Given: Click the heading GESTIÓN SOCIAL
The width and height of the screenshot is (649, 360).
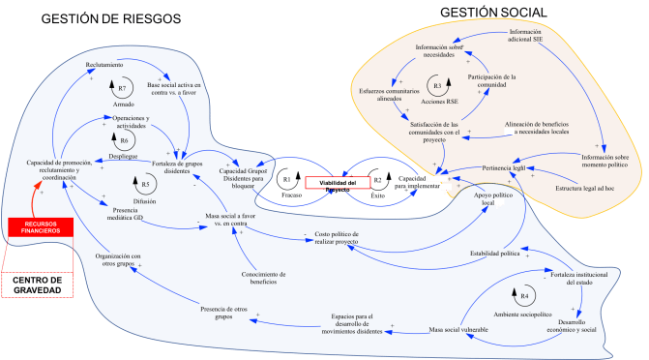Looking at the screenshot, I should point(493,12).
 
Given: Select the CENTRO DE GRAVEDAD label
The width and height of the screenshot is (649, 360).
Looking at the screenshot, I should point(37,285).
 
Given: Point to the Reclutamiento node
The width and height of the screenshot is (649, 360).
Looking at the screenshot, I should point(104,64).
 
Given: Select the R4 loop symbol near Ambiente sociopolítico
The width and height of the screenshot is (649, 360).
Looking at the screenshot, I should point(523,295).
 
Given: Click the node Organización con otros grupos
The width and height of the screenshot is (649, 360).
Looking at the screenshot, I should point(119,258).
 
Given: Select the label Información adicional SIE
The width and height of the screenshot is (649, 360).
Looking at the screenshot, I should point(538,35).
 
